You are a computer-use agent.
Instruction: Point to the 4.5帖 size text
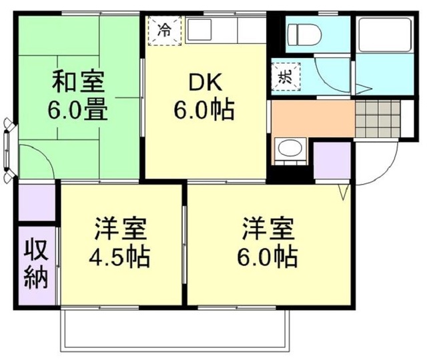(121, 255)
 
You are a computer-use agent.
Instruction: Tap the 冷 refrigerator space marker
(164, 29)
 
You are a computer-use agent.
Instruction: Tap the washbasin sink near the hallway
(288, 151)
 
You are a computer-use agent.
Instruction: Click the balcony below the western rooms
(175, 330)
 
